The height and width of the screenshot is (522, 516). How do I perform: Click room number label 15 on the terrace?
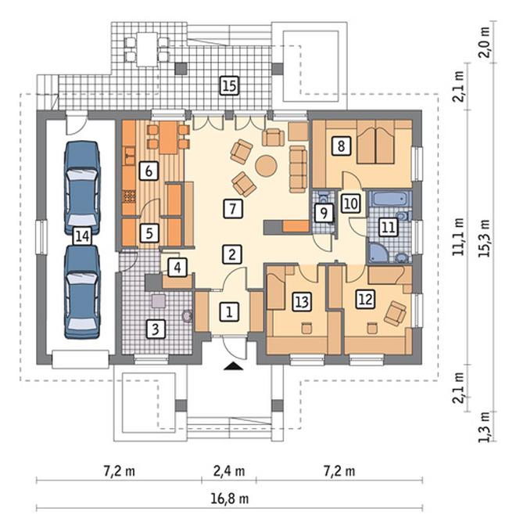pyautogui.click(x=229, y=85)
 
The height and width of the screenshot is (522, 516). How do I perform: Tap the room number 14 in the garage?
pyautogui.click(x=82, y=236)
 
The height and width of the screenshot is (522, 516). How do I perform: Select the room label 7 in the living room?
pyautogui.click(x=233, y=208)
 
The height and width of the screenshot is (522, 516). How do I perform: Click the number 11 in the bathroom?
pyautogui.click(x=388, y=228)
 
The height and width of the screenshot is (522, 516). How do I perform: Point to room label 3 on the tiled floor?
pyautogui.click(x=156, y=329)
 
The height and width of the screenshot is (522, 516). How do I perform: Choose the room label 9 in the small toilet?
pyautogui.click(x=324, y=213)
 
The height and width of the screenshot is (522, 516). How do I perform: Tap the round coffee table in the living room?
pyautogui.click(x=266, y=166)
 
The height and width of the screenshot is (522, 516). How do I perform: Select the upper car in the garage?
pyautogui.click(x=82, y=187)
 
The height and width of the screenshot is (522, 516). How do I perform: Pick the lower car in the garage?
pyautogui.click(x=82, y=292)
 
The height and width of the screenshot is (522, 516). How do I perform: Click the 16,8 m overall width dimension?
pyautogui.click(x=230, y=499)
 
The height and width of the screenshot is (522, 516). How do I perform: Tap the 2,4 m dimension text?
pyautogui.click(x=229, y=471)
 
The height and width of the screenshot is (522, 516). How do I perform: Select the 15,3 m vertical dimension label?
pyautogui.click(x=485, y=238)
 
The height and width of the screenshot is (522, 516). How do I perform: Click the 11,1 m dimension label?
pyautogui.click(x=459, y=236)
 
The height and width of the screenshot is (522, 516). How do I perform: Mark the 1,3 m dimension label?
pyautogui.click(x=485, y=427)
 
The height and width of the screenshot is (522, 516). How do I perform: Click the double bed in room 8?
pyautogui.click(x=376, y=142)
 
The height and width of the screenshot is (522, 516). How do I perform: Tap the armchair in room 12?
pyautogui.click(x=395, y=312)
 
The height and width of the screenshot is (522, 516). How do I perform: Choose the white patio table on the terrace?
pyautogui.click(x=147, y=49)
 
